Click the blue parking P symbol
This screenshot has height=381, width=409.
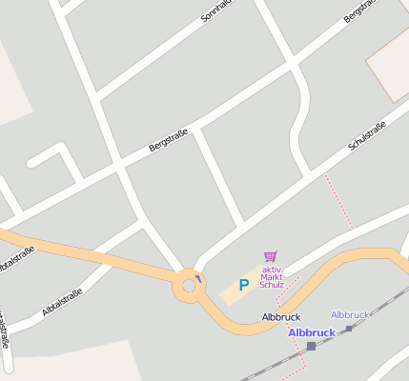click(243, 284)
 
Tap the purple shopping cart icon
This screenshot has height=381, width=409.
click(271, 256)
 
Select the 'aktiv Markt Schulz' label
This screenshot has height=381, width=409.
click(273, 277)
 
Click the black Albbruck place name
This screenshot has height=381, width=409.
click(281, 316)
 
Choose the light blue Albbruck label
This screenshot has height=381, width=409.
click(349, 314)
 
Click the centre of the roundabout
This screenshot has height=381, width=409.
click(186, 286)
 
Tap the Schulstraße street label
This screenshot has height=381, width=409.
click(367, 136)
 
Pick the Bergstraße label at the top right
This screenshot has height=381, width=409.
click(362, 14)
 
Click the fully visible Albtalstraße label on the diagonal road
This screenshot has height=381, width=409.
click(63, 302)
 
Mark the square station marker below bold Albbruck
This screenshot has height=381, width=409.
click(311, 346)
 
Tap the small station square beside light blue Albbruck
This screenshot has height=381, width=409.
click(349, 328)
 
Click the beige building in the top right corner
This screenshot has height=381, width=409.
click(390, 62)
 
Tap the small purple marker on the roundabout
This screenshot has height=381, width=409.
click(198, 279)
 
